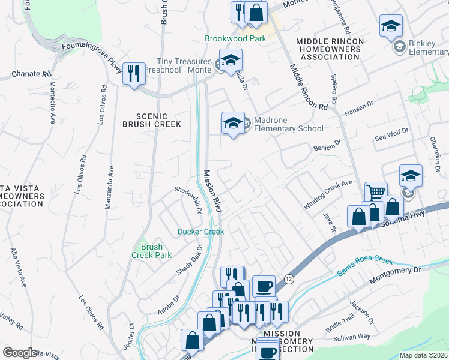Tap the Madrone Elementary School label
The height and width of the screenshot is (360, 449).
(x=288, y=124)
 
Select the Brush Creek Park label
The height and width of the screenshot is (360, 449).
(x=152, y=251)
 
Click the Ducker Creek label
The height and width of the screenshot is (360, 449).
(x=200, y=232)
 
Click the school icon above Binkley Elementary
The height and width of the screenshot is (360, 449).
(x=391, y=25)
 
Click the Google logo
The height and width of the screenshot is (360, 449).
(x=20, y=353)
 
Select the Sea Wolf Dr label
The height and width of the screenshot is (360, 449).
(x=391, y=134)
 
